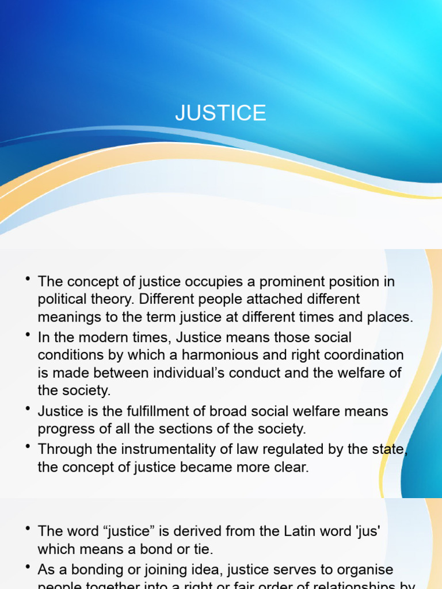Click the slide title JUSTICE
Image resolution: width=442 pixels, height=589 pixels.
(220, 113)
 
